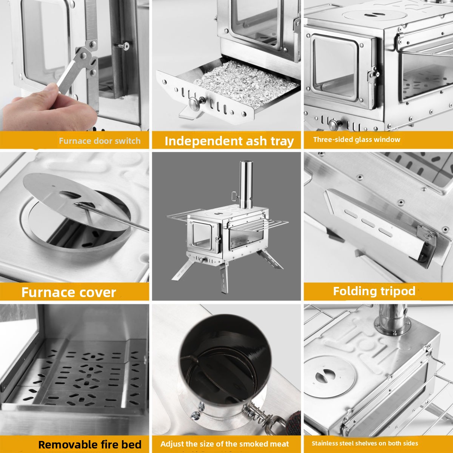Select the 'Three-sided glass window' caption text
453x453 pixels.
(357, 139)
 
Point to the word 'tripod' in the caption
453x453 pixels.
(398, 291)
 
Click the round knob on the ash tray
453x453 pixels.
(195, 103)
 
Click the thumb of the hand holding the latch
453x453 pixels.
(51, 91)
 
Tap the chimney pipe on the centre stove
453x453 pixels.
(246, 185)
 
